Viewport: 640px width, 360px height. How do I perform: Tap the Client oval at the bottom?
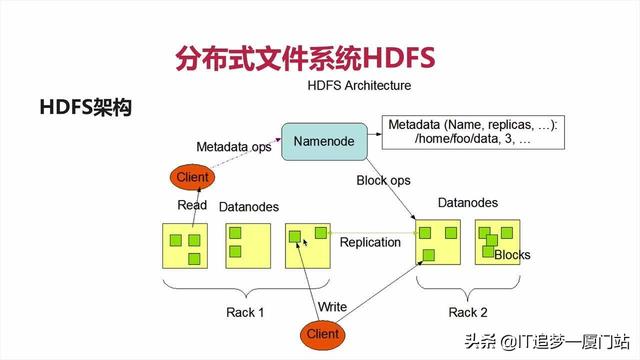coord(322,333)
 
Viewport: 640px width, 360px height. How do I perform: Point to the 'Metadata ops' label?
coord(233,147)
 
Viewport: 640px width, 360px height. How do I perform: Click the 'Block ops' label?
coord(384,181)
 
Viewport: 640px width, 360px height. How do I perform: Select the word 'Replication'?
coord(371,242)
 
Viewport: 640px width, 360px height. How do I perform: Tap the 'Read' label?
coord(192,205)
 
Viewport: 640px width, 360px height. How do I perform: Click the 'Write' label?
coord(331,305)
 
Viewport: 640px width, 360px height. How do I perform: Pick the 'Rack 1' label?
coord(244,312)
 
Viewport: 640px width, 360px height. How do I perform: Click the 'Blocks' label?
coord(512,255)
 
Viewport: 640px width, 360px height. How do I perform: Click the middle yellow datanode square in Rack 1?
coord(247,246)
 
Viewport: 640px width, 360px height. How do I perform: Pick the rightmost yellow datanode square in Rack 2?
coord(498,243)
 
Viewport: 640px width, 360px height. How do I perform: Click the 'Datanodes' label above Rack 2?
coord(467,203)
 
